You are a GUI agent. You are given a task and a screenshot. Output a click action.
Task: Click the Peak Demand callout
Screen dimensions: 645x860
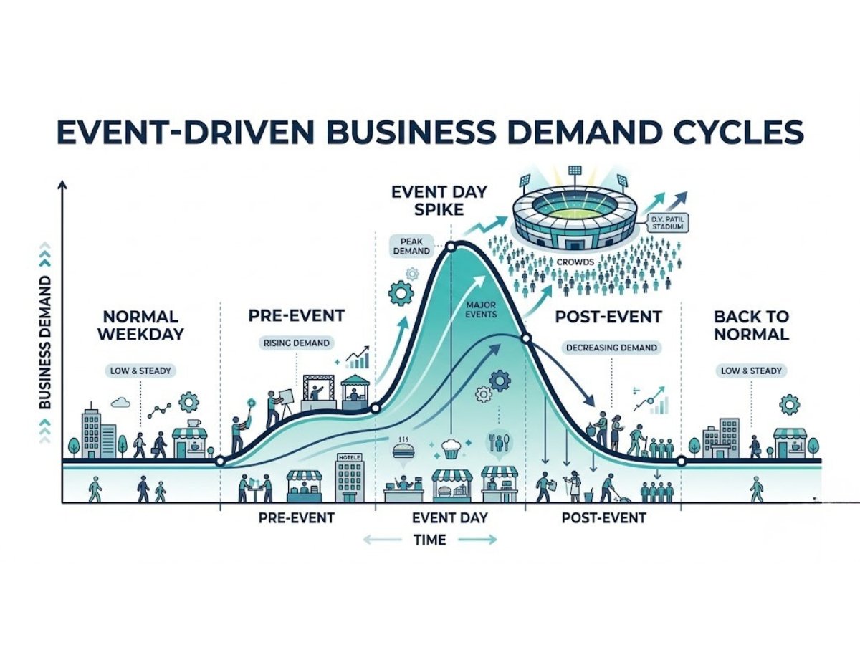(411, 245)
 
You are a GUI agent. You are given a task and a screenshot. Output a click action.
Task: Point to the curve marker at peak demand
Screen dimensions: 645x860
(451, 247)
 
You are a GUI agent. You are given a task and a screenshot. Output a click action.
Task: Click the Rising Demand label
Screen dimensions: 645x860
(295, 343)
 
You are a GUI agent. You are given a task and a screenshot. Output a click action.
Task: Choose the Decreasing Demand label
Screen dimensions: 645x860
(611, 348)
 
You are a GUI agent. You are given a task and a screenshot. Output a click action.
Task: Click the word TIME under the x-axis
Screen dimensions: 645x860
(430, 540)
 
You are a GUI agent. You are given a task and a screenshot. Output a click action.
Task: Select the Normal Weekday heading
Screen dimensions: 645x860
(140, 325)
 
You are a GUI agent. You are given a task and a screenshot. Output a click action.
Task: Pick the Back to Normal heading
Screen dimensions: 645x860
(751, 325)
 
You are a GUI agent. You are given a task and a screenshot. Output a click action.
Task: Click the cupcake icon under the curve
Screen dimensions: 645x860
(451, 449)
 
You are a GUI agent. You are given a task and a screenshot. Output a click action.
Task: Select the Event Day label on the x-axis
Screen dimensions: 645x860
(450, 517)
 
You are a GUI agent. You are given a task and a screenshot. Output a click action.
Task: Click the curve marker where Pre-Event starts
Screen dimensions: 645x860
(221, 462)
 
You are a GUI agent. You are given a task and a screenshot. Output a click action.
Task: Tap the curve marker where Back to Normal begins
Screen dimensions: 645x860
(681, 462)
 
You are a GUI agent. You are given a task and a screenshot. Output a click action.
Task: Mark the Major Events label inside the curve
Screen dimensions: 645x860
(481, 310)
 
